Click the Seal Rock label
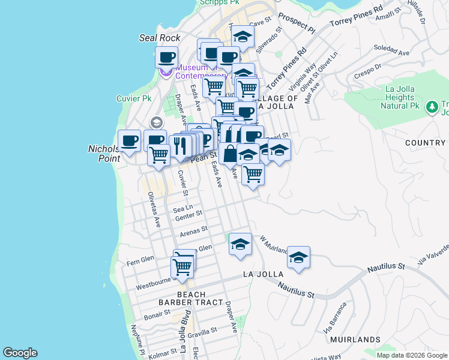point(160,38)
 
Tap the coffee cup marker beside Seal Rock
point(166,58)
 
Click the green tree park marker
point(431,107)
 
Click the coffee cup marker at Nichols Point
point(129,141)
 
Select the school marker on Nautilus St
point(298,257)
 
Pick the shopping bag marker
point(230,154)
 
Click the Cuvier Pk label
point(134,98)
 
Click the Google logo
point(20,353)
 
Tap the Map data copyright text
point(412,355)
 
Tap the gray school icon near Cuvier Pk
point(156,122)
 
